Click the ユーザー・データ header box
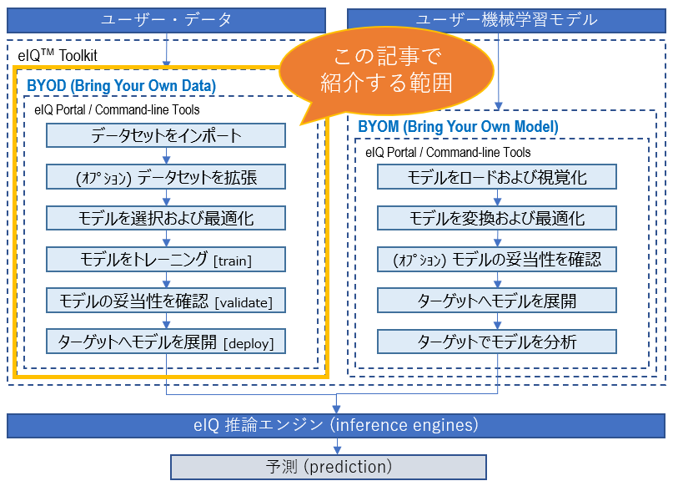pos(166,20)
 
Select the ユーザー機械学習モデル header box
pos(506,20)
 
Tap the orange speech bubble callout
pos(386,71)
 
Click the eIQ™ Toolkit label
pos(58,55)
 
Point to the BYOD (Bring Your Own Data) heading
pos(122,85)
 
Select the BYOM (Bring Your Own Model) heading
pos(459,127)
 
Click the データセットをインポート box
pos(166,135)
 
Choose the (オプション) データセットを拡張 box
pos(166,176)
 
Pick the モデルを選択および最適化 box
pos(166,218)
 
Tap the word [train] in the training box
pos(233,261)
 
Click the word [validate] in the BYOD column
pos(244,302)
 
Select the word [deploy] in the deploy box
pos(249,344)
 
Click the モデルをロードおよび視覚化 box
pos(497,176)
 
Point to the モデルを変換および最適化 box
pos(497,218)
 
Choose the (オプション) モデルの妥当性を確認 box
pos(497,259)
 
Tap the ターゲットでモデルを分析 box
pos(497,342)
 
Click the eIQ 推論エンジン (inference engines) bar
pos(336,425)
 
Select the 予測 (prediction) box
pos(329,467)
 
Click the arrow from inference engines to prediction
pos(337,446)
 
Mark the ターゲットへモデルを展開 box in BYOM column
pos(497,301)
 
